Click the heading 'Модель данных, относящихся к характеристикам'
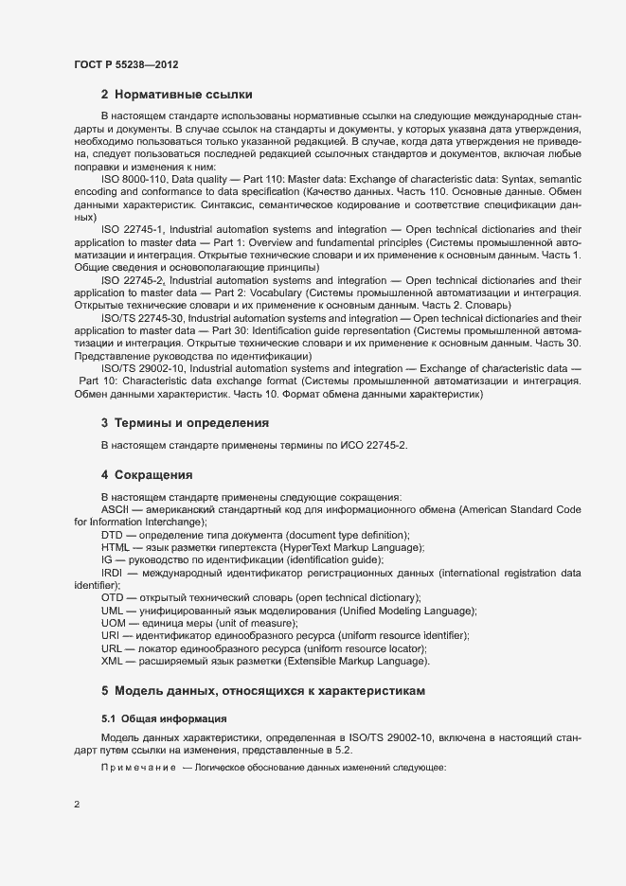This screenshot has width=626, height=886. pyautogui.click(x=269, y=691)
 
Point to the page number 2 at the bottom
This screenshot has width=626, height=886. pyautogui.click(x=77, y=805)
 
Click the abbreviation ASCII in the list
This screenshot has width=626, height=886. pyautogui.click(x=116, y=510)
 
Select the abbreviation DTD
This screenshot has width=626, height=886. pyautogui.click(x=113, y=535)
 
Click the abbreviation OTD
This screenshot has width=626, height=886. pyautogui.click(x=113, y=598)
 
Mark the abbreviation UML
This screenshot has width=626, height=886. pyautogui.click(x=113, y=611)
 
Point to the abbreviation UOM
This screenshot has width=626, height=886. pyautogui.click(x=114, y=623)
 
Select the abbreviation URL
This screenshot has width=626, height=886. pyautogui.click(x=112, y=648)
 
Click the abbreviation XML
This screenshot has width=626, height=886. pyautogui.click(x=113, y=661)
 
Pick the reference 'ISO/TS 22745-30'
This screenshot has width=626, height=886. pyautogui.click(x=144, y=318)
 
